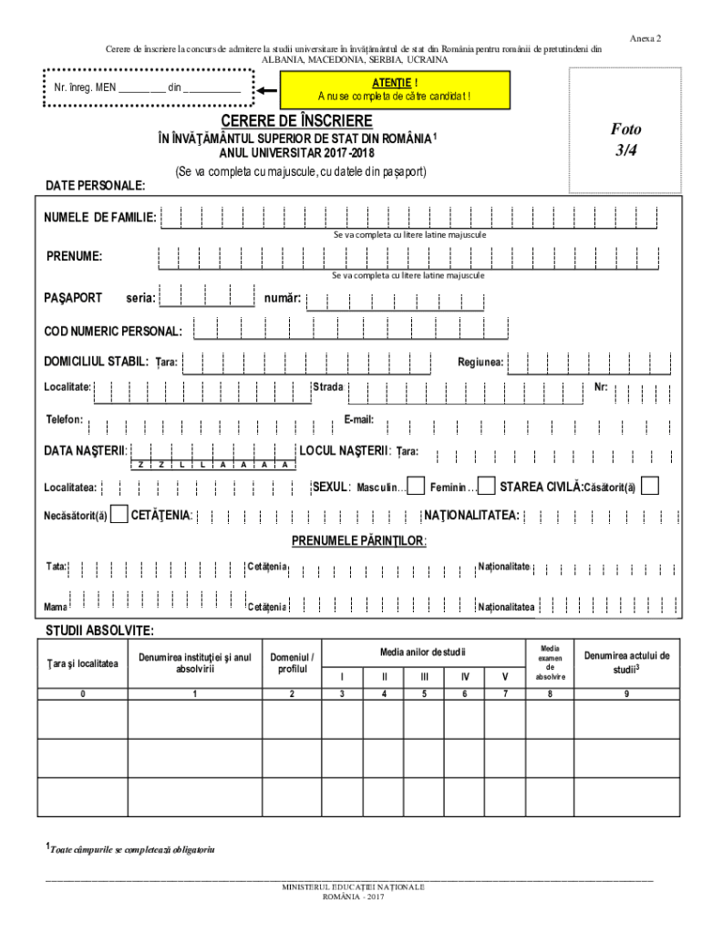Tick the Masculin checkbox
(416, 487)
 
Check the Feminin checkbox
(487, 487)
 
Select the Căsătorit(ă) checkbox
(649, 487)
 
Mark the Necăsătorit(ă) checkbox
(119, 516)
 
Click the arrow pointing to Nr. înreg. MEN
(266, 90)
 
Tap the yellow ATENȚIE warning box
(394, 90)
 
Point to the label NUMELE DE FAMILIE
(100, 218)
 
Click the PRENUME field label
(75, 256)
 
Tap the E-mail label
(358, 420)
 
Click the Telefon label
(65, 420)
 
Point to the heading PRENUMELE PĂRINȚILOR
(359, 541)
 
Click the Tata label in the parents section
(57, 567)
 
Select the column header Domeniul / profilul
(292, 662)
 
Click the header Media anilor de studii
(422, 651)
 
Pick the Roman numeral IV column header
(465, 677)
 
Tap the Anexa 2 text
(645, 38)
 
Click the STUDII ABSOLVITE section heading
(99, 631)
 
